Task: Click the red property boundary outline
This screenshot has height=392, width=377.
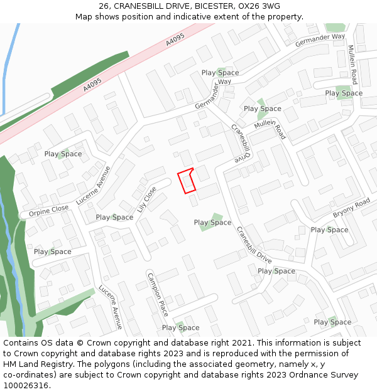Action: pos(187,181)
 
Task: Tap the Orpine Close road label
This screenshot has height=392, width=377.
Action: pos(48,211)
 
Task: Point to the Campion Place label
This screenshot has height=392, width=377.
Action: pos(158,294)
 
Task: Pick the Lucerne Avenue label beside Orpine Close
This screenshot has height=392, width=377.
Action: pos(93,186)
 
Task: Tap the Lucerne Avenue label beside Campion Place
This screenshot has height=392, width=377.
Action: pos(110,307)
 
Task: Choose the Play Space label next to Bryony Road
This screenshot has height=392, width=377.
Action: pos(329,230)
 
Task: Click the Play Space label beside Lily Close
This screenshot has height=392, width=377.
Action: pos(114,217)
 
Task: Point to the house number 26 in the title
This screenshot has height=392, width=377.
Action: pos(104,6)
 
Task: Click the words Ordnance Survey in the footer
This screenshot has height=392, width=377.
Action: pos(325,375)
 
